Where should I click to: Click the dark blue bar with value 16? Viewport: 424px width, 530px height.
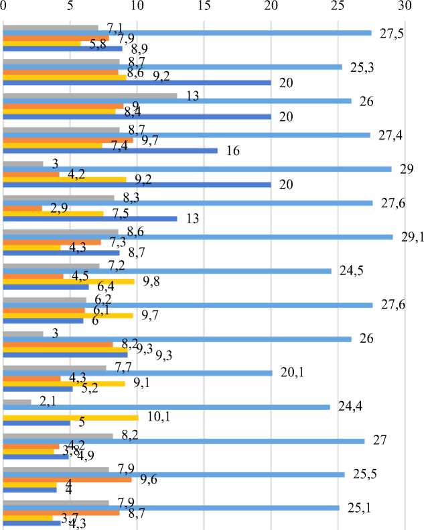(x=111, y=150)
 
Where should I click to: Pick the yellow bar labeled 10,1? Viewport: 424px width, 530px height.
(x=71, y=417)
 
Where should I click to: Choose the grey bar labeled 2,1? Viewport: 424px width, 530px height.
(x=17, y=402)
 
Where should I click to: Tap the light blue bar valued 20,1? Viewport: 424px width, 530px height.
(x=138, y=373)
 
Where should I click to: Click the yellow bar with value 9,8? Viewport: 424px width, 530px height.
(x=69, y=281)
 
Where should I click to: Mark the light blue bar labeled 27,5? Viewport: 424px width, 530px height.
(x=188, y=33)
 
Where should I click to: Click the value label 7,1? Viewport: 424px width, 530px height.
(x=113, y=28)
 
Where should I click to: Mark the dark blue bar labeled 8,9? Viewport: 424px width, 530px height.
(x=63, y=48)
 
